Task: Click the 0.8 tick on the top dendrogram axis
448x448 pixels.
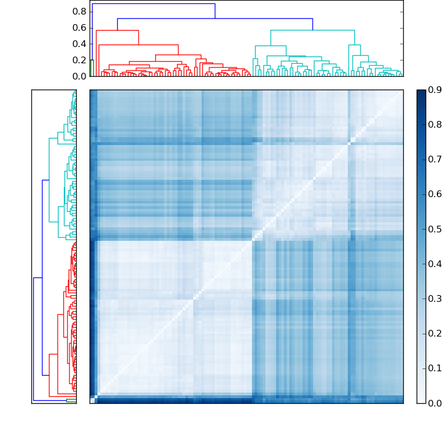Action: pyautogui.click(x=80, y=11)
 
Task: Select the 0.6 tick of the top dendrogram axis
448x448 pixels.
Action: pyautogui.click(x=80, y=27)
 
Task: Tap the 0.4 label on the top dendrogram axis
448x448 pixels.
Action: pyautogui.click(x=80, y=44)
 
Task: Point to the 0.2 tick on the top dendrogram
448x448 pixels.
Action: pyautogui.click(x=80, y=60)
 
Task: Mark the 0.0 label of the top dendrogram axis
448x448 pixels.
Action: pyautogui.click(x=80, y=76)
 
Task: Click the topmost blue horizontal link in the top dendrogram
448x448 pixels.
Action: pyautogui.click(x=153, y=4)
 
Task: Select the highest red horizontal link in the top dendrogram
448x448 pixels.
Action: pyautogui.click(x=117, y=30)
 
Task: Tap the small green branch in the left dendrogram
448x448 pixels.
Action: pyautogui.click(x=71, y=400)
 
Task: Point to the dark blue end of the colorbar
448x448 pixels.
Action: pyautogui.click(x=421, y=95)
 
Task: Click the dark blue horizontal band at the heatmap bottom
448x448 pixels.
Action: pyautogui.click(x=246, y=400)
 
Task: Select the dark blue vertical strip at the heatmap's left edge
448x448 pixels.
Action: pyautogui.click(x=92, y=314)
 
